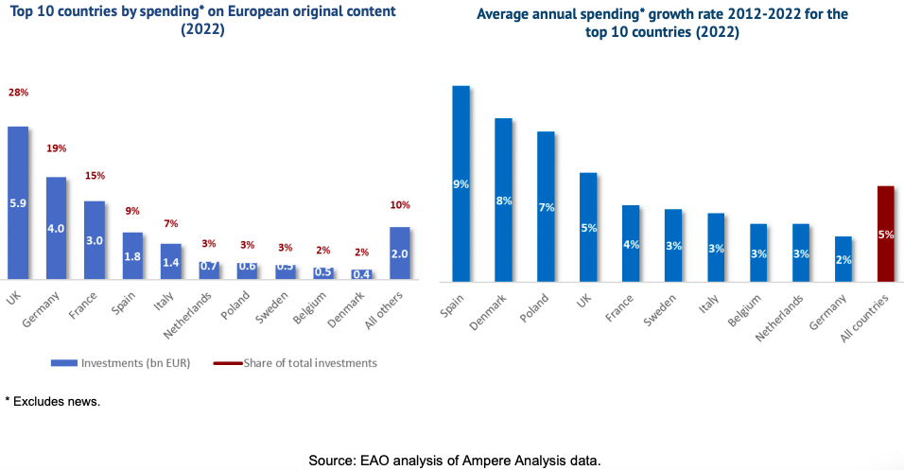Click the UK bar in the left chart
point(18,202)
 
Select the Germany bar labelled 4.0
point(57,227)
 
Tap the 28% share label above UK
point(18,93)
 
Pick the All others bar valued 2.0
point(400,252)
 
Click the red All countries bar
point(886,234)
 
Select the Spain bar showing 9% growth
point(461,183)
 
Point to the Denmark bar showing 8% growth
point(503,200)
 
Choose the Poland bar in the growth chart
point(546,206)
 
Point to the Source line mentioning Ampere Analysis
point(454,461)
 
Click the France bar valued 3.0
point(95,240)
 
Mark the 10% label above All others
point(400,205)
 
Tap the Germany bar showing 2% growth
point(843,259)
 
